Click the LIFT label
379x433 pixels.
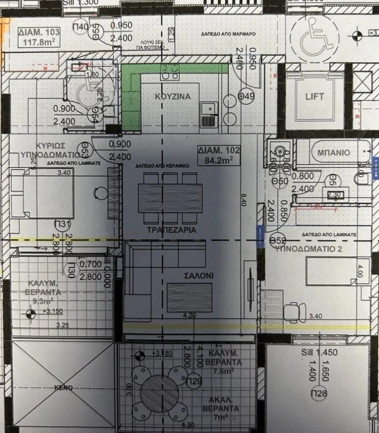point(314,96)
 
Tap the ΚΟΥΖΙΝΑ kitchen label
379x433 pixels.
point(172,96)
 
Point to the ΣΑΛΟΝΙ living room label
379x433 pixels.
point(189,274)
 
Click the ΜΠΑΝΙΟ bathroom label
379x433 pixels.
point(333,152)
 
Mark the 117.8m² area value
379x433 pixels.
point(38,42)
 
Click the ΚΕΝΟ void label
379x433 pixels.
point(64,388)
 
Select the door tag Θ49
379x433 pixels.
point(247,96)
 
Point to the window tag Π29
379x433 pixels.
point(194,380)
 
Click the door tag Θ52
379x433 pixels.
point(277,240)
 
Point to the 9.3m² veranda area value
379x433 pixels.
point(36,301)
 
